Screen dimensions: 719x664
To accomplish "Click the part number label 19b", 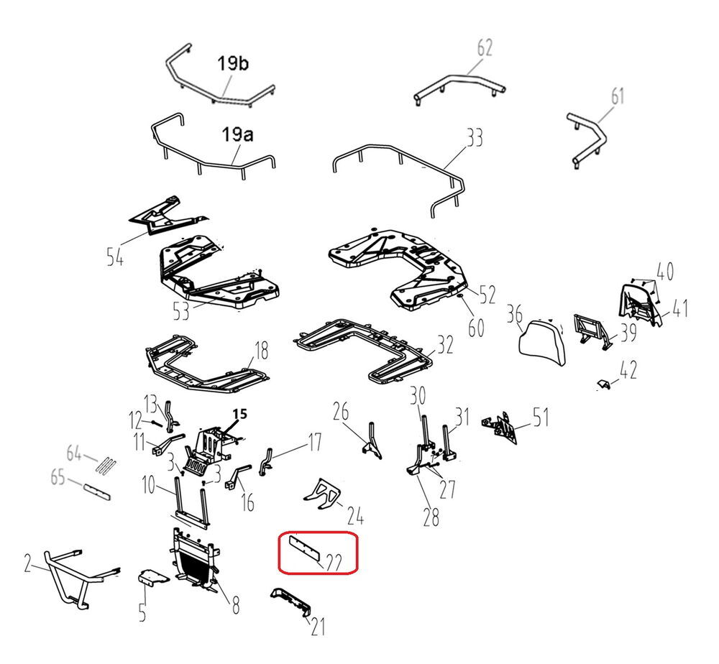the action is point(233,63).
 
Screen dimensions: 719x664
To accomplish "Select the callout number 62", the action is point(485,47).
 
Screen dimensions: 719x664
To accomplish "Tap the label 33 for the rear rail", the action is point(475,137).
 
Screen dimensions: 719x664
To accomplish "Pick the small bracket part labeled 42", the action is point(605,384).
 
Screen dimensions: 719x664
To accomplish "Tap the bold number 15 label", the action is point(240,414).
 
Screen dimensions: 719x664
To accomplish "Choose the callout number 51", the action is point(541,418).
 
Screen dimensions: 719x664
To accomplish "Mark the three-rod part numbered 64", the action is point(106,466).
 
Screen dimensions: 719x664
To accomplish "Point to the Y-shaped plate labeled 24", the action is point(322,494).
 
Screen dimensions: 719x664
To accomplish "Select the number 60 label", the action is point(476,328).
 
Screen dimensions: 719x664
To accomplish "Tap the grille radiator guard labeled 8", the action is point(196,558).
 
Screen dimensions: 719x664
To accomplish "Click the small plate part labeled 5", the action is point(153,577).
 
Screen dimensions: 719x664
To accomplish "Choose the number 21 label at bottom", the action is point(318,627).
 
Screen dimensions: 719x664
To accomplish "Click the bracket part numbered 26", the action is point(372,441).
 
